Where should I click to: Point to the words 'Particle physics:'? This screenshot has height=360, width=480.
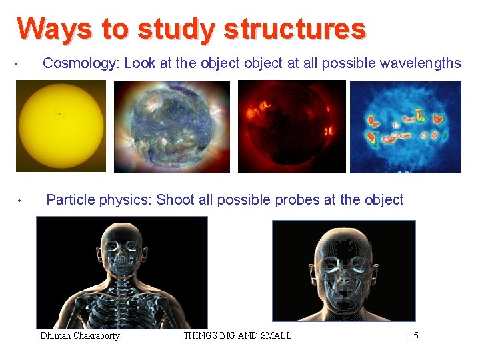[x=99, y=199]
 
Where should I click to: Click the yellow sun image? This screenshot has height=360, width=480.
[x=61, y=126]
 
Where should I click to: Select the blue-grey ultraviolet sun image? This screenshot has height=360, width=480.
[x=172, y=127]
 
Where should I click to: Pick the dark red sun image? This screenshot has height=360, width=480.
[x=292, y=126]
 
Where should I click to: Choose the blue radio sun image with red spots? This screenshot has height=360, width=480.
[x=405, y=127]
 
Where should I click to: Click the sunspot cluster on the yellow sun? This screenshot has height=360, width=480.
[x=60, y=115]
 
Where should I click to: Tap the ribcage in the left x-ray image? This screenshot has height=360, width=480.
[x=122, y=307]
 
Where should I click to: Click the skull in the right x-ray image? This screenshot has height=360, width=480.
[x=344, y=263]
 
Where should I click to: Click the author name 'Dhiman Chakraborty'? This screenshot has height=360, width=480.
[x=80, y=335]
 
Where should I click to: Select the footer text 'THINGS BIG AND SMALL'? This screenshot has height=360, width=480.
[x=237, y=335]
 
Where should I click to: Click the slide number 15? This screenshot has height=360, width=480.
[x=413, y=336]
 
